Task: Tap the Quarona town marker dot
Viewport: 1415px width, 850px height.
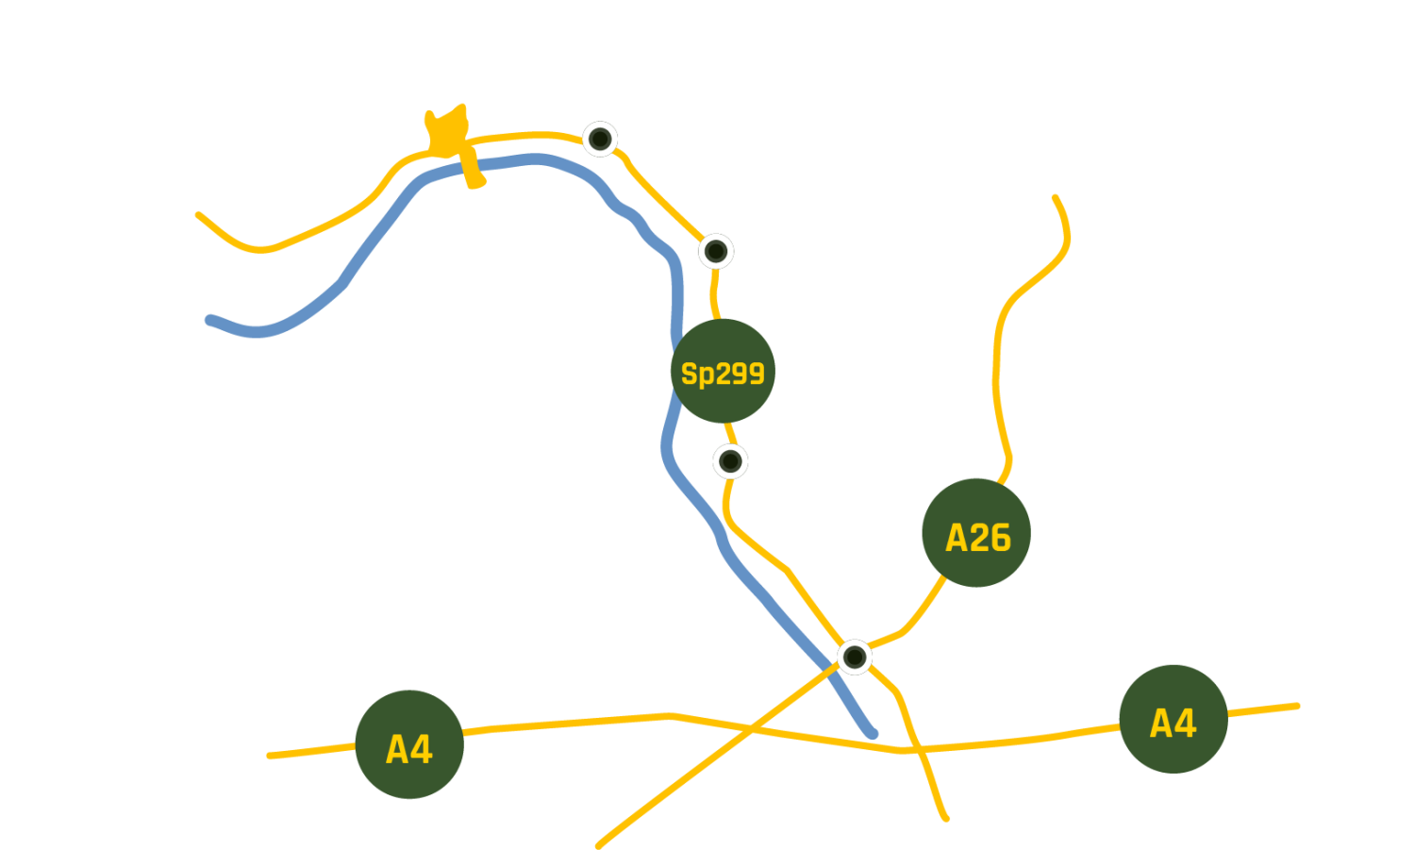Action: coord(600,139)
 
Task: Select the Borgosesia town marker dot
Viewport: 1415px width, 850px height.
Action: coord(716,251)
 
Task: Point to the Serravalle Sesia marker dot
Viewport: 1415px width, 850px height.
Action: coord(730,461)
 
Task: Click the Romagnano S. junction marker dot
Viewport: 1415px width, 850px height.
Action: coord(855,656)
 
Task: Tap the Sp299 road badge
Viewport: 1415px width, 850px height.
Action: coord(723,372)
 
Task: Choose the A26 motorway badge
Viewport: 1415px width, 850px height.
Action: coord(976,534)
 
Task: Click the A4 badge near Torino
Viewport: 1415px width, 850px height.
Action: coord(409,745)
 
